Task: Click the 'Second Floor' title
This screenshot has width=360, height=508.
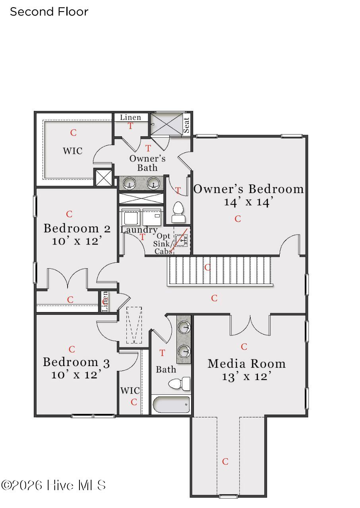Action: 49,12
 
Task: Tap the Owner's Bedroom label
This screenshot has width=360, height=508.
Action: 248,189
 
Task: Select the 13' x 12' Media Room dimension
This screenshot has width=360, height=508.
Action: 246,377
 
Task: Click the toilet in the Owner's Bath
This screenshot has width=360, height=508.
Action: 178,212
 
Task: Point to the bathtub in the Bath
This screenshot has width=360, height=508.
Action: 171,405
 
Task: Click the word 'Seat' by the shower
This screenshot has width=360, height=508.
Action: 186,125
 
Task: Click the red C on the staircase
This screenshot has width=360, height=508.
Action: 207,268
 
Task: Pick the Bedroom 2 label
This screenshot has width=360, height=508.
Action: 77,228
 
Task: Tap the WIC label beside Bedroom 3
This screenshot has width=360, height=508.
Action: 130,390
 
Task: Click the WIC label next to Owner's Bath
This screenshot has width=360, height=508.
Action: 73,151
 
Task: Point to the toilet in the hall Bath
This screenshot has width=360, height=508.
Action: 179,384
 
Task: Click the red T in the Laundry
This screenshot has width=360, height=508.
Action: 142,237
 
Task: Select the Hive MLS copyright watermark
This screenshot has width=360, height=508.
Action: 53,485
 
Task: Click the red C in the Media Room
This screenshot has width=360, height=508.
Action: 244,347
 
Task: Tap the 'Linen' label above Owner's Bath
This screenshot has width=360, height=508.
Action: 130,117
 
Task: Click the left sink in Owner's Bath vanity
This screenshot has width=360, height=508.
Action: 130,183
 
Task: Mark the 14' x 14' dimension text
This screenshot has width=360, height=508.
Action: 248,202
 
